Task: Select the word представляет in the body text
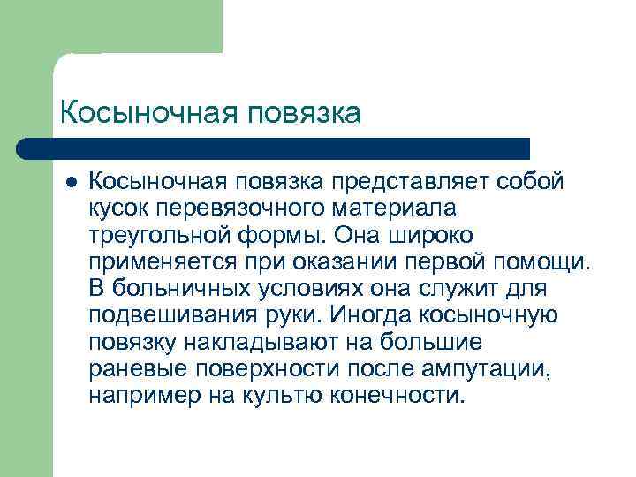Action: click(x=402, y=181)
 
